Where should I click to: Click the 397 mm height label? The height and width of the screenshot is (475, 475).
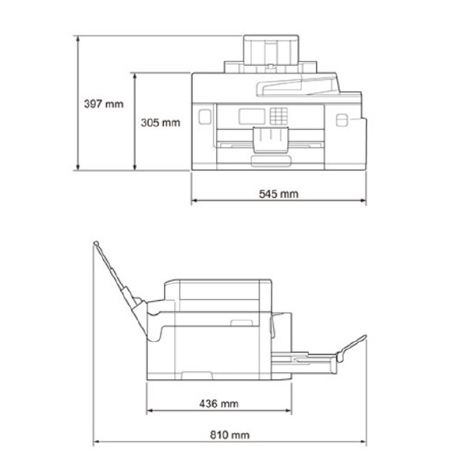104,103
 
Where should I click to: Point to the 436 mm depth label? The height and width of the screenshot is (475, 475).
218,403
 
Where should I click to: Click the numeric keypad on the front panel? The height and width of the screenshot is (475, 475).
278,116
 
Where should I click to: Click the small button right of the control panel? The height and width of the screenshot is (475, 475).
343,120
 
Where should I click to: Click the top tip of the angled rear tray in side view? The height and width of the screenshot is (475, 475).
96,242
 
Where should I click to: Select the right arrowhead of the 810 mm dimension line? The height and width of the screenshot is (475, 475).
365,443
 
